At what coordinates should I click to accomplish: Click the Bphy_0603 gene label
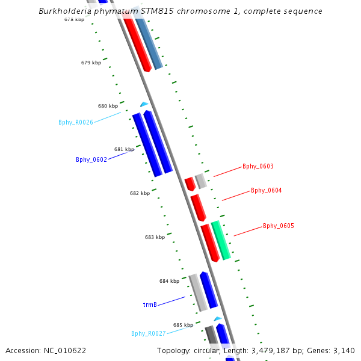coord(258,166)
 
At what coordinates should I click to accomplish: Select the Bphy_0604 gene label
coord(266,190)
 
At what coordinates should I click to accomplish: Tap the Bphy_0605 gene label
coord(278,226)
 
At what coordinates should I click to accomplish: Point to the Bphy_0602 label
coord(91,159)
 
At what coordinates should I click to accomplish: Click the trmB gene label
coord(150,304)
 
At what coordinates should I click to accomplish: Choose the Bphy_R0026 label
coord(76,122)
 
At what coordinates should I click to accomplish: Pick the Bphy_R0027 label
coord(149,333)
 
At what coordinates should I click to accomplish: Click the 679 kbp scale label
coord(91,63)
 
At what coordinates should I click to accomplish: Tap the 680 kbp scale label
coord(108,106)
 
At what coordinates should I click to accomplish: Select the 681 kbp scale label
coord(124,149)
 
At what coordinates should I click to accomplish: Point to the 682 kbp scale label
coord(140,193)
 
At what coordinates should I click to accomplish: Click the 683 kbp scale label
coord(155,237)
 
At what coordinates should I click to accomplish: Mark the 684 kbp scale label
coord(169,281)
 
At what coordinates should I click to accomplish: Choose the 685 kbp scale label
coord(183,325)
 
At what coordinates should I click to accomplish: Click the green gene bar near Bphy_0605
coord(221,240)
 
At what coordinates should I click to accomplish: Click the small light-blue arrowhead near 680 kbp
coord(144,105)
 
